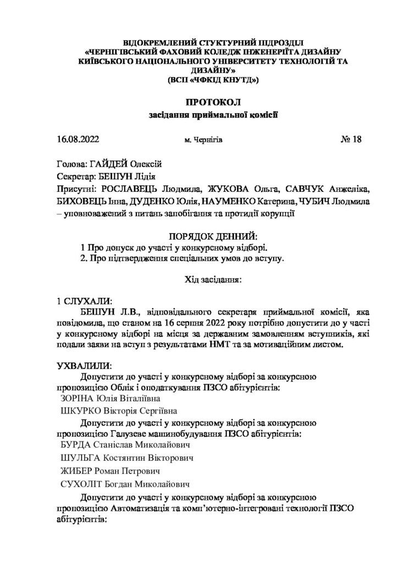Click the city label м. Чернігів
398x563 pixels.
tap(204, 140)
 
